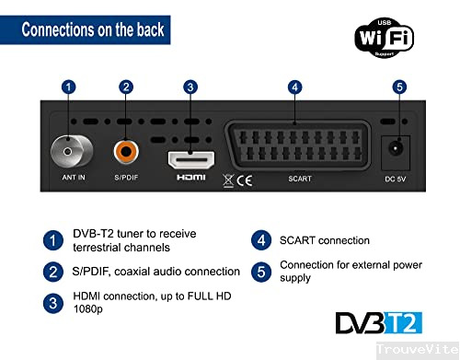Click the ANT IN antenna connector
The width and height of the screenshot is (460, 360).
[x=66, y=147]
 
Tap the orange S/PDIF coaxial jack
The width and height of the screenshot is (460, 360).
[x=125, y=148]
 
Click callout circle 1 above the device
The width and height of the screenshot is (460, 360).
[x=67, y=87]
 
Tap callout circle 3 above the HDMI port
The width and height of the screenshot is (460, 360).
[x=190, y=87]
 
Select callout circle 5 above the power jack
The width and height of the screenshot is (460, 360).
[x=398, y=87]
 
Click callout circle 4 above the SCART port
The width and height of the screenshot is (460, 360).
[x=294, y=87]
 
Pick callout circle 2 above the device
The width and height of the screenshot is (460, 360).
[x=126, y=87]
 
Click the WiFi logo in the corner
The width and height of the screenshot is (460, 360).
[x=384, y=37]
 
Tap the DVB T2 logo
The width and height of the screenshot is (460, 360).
[x=379, y=322]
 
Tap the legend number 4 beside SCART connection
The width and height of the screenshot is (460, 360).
[x=261, y=240]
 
